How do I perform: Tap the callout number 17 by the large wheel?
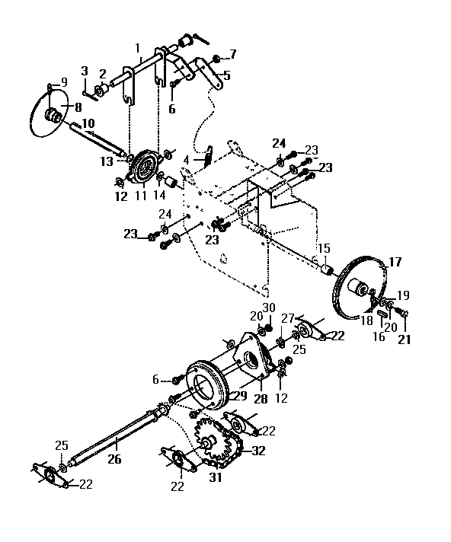point(395,262)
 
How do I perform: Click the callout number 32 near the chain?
point(257,451)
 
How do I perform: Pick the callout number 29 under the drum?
point(239,397)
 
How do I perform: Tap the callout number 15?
point(323,248)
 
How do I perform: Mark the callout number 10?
point(88,123)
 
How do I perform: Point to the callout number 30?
point(267,307)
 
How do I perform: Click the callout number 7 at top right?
point(232,54)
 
